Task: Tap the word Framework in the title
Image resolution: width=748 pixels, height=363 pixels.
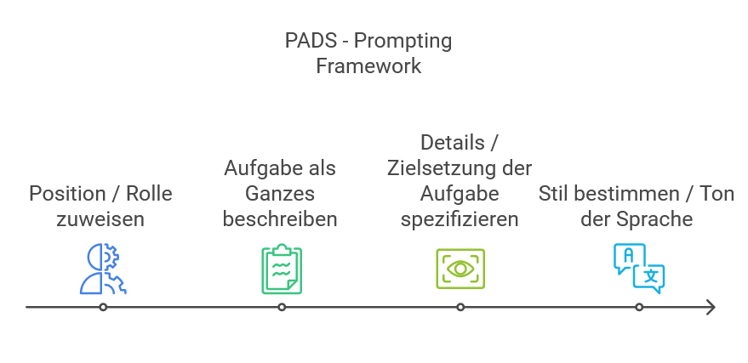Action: [368, 66]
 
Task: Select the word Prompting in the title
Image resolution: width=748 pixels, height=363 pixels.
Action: [403, 41]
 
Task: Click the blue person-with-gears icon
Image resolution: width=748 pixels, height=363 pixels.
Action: [103, 269]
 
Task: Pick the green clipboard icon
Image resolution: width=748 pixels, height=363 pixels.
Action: [281, 269]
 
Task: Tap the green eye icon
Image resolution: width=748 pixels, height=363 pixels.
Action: [460, 269]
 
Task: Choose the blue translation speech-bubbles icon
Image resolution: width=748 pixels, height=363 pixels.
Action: [638, 268]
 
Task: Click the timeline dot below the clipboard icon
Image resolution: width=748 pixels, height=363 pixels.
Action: [281, 307]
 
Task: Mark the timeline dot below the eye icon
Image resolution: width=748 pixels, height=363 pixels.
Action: [460, 307]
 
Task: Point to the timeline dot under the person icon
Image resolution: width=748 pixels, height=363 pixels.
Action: [103, 307]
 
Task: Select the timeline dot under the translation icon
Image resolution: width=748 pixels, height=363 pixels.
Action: [638, 307]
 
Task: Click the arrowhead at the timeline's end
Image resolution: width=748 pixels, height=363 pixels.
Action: [711, 307]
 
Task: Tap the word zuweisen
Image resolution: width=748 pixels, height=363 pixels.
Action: [100, 219]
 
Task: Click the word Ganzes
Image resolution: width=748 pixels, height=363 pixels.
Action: [280, 193]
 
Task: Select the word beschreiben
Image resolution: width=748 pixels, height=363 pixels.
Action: [280, 219]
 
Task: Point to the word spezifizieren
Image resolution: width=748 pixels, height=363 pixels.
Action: [459, 219]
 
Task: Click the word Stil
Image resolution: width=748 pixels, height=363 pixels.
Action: [553, 194]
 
